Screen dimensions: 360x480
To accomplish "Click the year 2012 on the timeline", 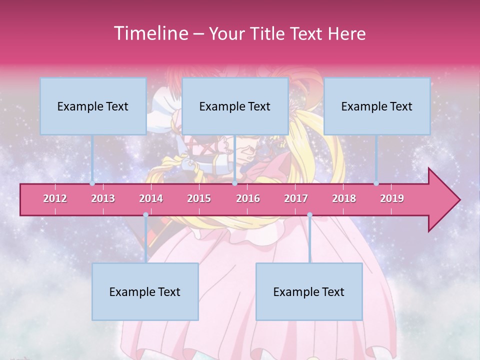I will click(55, 198).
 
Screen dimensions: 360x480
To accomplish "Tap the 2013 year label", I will click(103, 198).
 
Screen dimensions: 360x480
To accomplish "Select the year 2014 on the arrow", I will click(151, 198).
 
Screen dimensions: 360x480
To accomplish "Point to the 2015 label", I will click(199, 198).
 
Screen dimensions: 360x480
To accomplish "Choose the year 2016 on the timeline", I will click(248, 198).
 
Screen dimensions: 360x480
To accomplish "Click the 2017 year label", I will click(296, 198).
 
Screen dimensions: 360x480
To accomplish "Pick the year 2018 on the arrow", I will click(344, 198).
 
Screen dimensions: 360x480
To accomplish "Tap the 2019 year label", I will click(392, 198).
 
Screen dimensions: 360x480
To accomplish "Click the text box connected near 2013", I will click(93, 106).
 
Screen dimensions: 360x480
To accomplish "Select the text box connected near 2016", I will click(235, 106).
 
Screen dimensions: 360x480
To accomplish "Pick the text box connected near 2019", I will click(377, 106).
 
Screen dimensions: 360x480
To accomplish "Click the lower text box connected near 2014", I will click(145, 291).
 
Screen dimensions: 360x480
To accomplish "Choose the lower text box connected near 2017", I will click(309, 291).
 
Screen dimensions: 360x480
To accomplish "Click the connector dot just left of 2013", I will click(92, 183).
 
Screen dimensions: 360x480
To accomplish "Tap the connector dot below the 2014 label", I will click(145, 215).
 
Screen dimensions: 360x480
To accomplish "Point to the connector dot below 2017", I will click(309, 215).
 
